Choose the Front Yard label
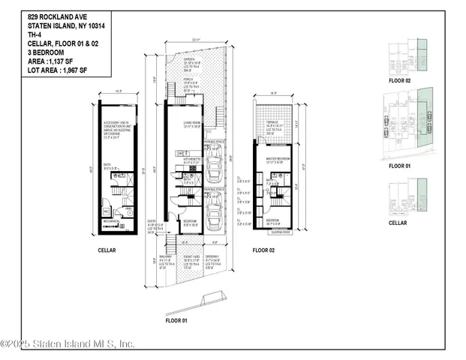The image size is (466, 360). [x=194, y=260]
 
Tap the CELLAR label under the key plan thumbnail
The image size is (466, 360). [x=398, y=223]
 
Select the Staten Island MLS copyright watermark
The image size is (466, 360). [x=68, y=344]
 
